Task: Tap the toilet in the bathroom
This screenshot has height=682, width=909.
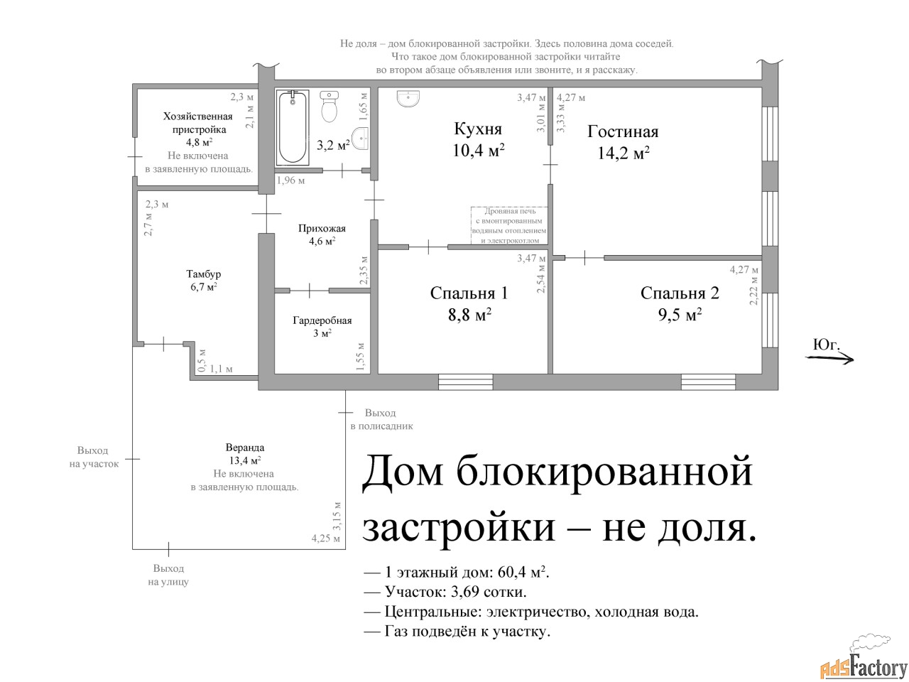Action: [x=330, y=107]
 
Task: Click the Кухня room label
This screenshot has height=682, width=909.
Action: [x=478, y=129]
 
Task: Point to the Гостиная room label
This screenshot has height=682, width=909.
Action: [x=622, y=131]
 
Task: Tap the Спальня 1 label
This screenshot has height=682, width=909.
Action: [x=469, y=293]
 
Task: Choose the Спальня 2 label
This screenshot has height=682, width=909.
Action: [x=680, y=293]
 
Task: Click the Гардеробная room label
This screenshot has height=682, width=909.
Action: [x=322, y=320]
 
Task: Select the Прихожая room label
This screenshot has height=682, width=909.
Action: [x=322, y=229]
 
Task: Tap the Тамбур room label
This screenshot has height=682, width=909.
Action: [x=203, y=274]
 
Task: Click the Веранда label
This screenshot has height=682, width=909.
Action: [x=245, y=448]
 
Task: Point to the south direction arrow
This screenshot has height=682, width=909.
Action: [x=829, y=359]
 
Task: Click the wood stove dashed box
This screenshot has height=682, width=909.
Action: [x=509, y=225]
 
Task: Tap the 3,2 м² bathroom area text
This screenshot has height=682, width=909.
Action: [x=333, y=145]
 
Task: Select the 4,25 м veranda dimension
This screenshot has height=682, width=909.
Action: [x=326, y=538]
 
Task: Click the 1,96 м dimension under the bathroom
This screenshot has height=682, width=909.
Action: [x=290, y=180]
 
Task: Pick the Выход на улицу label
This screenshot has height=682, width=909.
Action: [x=168, y=575]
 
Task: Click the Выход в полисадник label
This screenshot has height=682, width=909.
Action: [x=381, y=419]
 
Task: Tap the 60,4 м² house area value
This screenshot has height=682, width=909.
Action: [x=523, y=573]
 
